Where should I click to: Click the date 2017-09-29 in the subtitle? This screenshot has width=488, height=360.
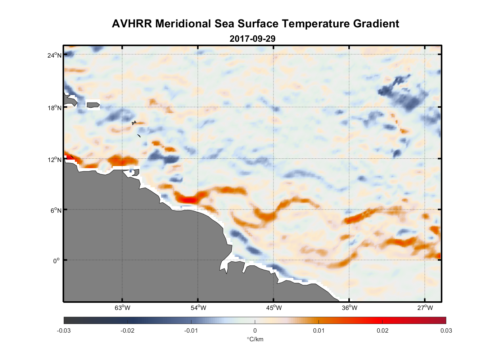coord(252,39)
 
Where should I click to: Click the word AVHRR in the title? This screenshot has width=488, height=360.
coord(132,24)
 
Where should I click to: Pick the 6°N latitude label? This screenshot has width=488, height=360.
coord(56,210)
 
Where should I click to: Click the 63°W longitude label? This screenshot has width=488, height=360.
coord(122,308)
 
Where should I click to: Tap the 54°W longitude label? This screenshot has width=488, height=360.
coord(198,308)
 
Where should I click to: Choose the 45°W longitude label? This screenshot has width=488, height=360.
coord(274,308)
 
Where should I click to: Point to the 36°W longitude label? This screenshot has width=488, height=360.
coord(349,308)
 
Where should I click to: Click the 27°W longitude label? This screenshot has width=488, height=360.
coord(425,308)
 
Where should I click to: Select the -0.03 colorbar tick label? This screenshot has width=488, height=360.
coord(64,330)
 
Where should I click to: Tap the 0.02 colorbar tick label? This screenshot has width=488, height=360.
coord(382,330)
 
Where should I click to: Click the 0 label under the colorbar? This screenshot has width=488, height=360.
coord(255,330)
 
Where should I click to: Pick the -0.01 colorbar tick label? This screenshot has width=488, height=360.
coord(191,330)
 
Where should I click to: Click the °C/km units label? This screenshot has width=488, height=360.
coord(255,339)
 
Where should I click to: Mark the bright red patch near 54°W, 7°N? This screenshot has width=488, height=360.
coord(188,199)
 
